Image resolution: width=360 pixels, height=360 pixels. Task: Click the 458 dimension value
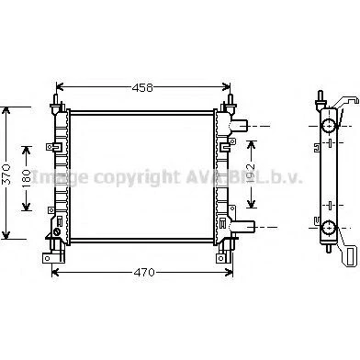click(x=142, y=88)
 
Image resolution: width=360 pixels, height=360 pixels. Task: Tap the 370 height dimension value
click(x=7, y=174)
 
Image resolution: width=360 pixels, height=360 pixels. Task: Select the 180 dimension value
click(x=27, y=178)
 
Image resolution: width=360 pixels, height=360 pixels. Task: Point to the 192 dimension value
click(x=251, y=174)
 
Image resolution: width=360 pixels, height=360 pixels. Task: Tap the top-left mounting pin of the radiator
click(x=56, y=99)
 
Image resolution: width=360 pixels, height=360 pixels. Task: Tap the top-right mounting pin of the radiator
click(x=230, y=99)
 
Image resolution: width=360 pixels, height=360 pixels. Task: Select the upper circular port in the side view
click(x=329, y=126)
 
